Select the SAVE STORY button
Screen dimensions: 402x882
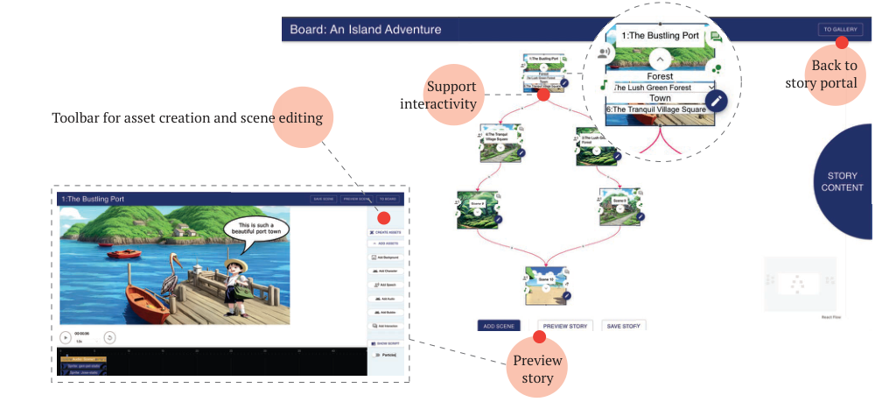(625, 326)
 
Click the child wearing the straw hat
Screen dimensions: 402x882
(234, 281)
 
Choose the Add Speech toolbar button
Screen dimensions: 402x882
(385, 286)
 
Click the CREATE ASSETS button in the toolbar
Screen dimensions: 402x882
(385, 231)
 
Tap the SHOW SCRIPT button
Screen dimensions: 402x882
(385, 343)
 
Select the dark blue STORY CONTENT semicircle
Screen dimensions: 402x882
(845, 181)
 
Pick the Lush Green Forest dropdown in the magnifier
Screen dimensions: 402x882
(663, 88)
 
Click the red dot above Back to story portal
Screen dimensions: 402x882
(842, 42)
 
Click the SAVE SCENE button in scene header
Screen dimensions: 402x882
(323, 200)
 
